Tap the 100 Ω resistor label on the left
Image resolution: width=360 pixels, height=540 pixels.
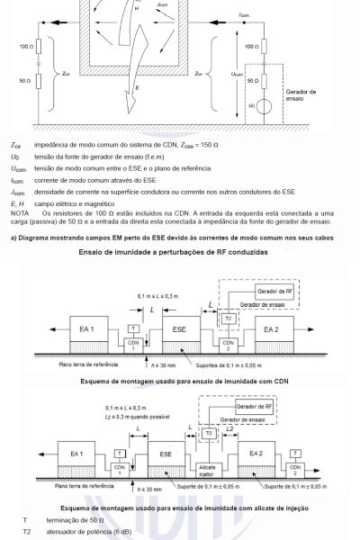click(24, 45)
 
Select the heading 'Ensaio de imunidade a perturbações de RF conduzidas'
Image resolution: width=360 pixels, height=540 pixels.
click(179, 252)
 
